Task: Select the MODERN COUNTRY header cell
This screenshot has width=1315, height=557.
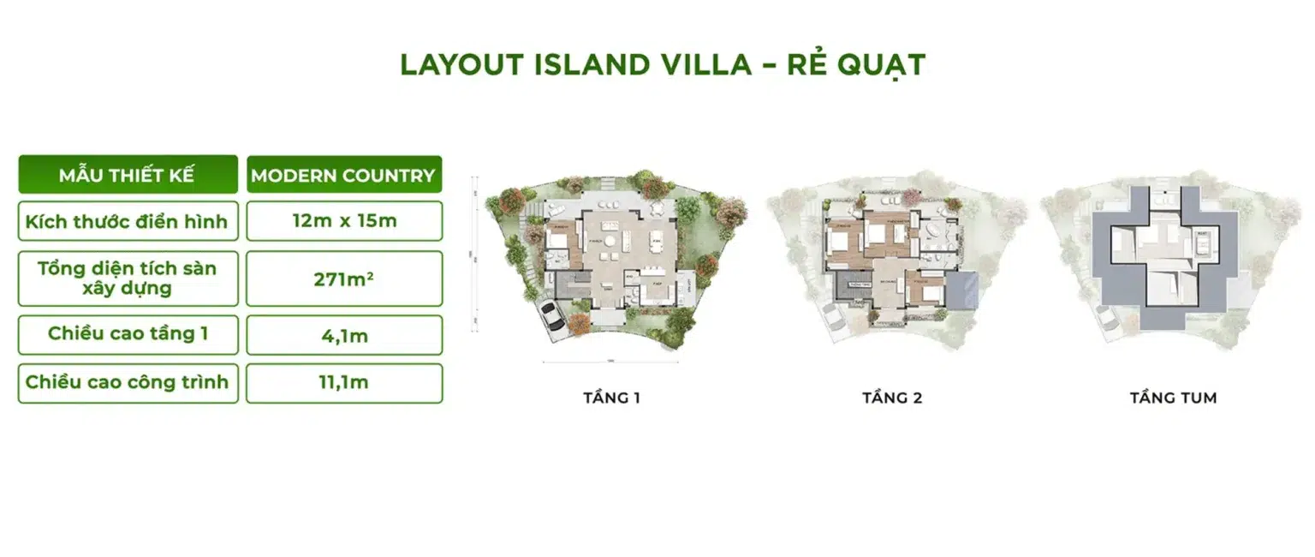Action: click(343, 176)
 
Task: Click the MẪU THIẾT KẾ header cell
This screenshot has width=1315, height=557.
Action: click(127, 176)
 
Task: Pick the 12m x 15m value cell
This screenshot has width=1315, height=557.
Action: click(343, 221)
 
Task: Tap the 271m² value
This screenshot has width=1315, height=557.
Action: click(343, 278)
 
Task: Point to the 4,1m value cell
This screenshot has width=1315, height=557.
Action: click(343, 335)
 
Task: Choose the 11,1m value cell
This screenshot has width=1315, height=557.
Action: click(343, 383)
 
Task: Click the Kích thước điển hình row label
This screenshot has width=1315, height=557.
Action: click(127, 221)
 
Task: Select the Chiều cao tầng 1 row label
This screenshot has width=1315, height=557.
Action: click(127, 333)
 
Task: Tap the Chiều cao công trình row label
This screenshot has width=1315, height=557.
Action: click(127, 382)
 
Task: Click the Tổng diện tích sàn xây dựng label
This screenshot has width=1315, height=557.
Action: click(127, 278)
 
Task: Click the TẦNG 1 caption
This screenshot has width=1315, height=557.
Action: click(611, 398)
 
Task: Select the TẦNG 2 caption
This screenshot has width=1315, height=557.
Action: click(892, 398)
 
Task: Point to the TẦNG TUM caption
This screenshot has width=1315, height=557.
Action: click(1172, 398)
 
